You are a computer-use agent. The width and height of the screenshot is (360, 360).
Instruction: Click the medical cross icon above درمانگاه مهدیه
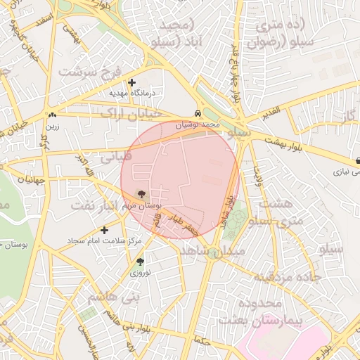(x=131, y=82)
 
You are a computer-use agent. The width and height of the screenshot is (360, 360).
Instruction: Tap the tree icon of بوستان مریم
(x=143, y=194)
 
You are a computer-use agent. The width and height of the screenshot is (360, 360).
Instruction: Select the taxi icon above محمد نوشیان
(x=199, y=113)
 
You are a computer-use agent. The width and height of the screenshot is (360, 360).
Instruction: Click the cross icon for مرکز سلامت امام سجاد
(x=105, y=230)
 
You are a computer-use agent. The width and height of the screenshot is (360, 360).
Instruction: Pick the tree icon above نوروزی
(x=139, y=262)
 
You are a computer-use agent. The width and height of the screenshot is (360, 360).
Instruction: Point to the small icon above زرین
(x=52, y=115)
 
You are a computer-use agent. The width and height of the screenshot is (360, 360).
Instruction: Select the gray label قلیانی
(x=115, y=156)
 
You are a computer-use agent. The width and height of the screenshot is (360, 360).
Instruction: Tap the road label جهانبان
(x=30, y=180)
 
